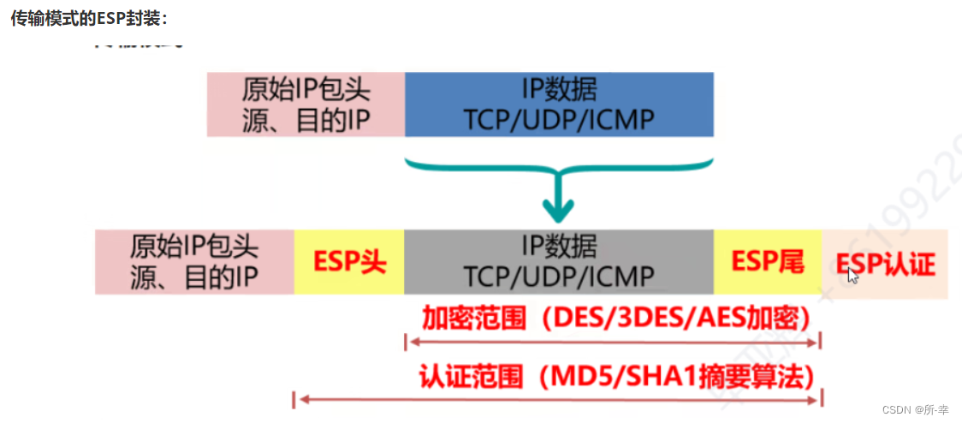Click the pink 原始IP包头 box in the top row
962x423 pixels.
point(306,104)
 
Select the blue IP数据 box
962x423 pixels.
point(559,104)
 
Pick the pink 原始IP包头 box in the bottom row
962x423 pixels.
point(194,262)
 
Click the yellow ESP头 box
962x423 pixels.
point(348,262)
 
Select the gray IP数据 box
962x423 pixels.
point(559,262)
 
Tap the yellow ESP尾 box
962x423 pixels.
point(768,262)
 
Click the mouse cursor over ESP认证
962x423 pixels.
point(852,275)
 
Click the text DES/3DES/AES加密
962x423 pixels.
point(676,319)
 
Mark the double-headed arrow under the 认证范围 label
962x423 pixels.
point(557,398)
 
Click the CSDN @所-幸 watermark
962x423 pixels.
point(918,410)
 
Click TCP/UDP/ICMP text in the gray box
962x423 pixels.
point(559,277)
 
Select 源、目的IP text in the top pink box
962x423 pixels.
point(306,121)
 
